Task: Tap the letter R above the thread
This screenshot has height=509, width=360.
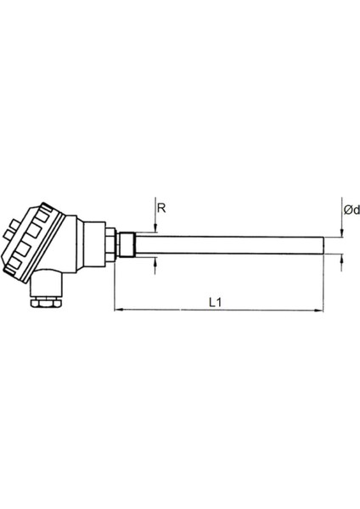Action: pos(160,206)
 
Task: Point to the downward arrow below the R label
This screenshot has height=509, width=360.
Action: pos(155,224)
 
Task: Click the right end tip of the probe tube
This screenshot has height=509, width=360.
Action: pos(323,243)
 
